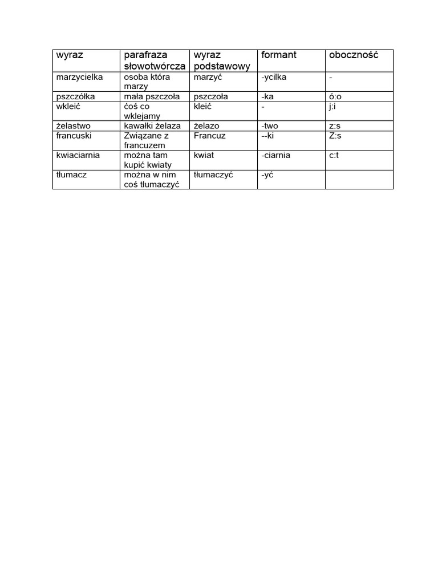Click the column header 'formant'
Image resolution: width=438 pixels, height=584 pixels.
(279, 55)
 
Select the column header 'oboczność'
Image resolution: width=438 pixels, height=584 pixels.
(354, 55)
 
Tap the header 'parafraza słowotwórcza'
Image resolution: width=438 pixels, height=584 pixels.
(155, 60)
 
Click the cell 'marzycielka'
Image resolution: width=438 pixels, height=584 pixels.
(79, 77)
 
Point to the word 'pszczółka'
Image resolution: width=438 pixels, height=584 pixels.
(76, 97)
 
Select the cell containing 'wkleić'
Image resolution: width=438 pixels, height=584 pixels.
(69, 106)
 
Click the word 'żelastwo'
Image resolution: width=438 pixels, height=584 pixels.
(74, 125)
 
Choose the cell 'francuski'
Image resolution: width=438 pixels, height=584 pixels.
(74, 136)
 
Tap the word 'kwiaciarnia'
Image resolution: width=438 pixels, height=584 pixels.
(79, 155)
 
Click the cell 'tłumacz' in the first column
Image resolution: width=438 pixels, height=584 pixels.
(71, 175)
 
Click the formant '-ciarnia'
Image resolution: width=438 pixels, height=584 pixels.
(276, 155)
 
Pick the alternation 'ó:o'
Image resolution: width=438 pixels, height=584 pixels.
(335, 97)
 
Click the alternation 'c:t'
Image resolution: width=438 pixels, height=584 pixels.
(334, 155)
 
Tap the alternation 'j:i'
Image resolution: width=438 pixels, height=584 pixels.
(333, 106)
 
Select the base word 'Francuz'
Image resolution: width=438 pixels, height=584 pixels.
(210, 136)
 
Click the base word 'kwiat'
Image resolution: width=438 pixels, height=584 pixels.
(204, 155)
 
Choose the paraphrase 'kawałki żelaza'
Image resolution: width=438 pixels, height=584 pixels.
(152, 125)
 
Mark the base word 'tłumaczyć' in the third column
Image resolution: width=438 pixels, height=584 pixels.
(213, 175)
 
